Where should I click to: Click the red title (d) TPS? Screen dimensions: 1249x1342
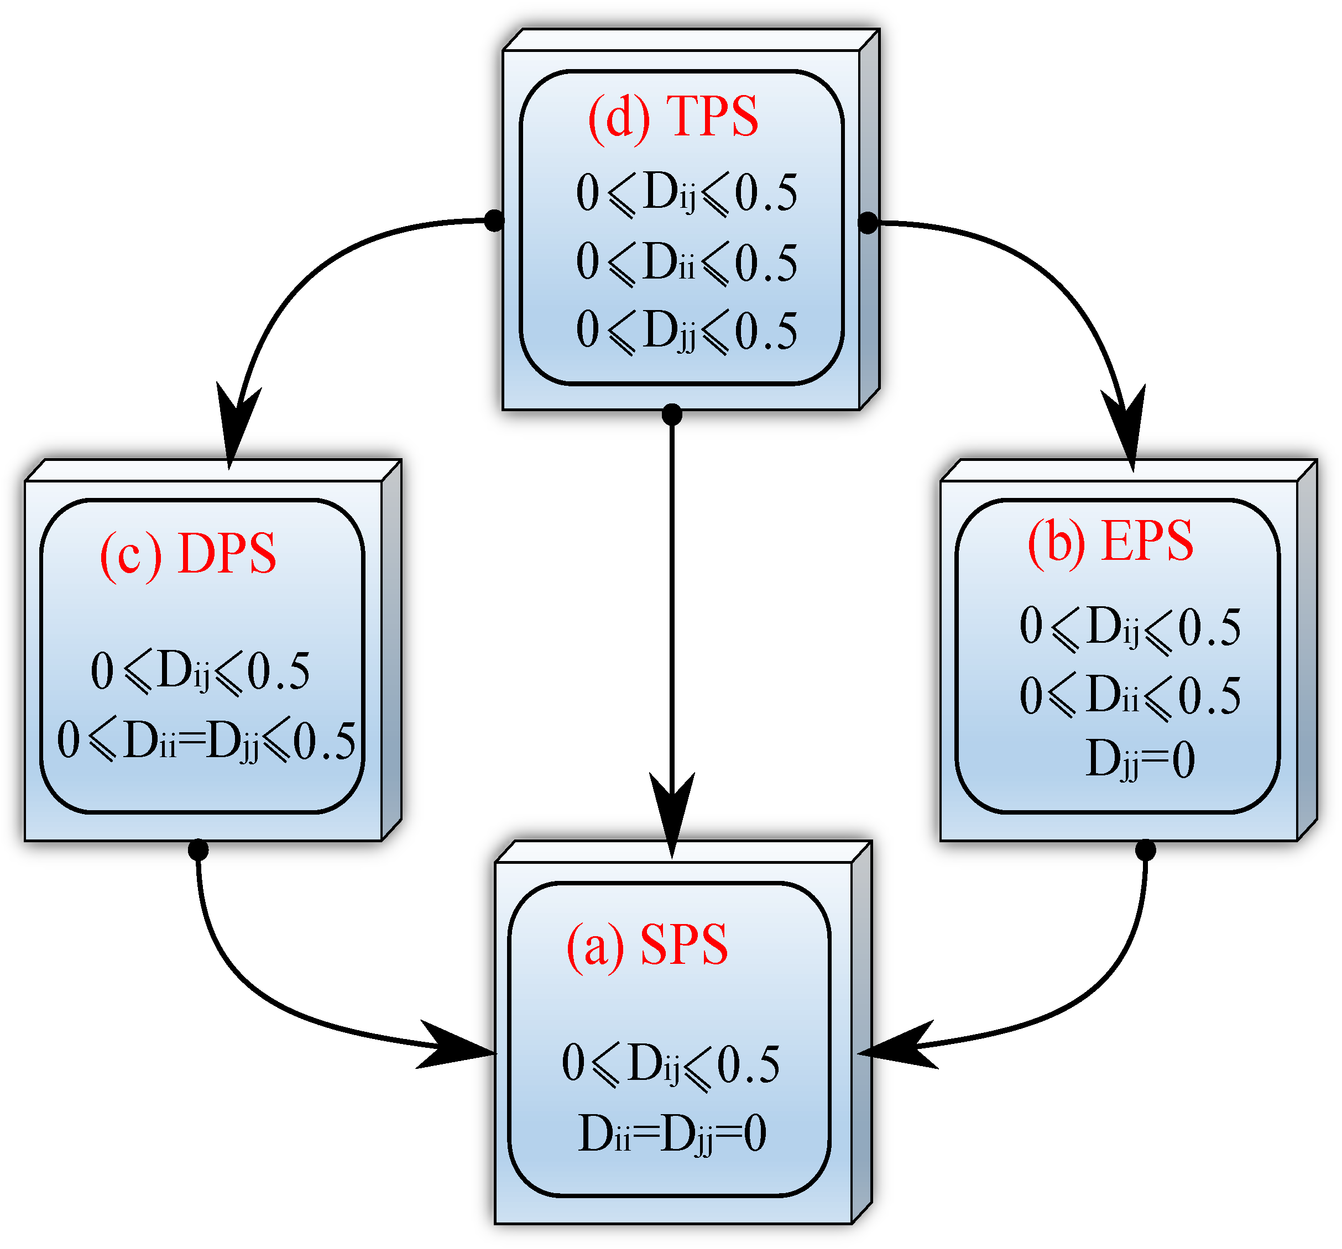pos(673,117)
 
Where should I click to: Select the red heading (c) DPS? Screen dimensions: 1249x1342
pos(187,553)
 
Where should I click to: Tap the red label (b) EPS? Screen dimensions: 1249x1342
pos(1110,541)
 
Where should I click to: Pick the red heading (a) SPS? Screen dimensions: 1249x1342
pos(647,944)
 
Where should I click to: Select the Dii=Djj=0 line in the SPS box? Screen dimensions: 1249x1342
pos(672,1133)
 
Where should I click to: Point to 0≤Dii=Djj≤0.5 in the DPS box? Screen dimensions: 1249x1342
pos(206,741)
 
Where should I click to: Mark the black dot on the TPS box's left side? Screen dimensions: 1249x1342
pos(494,221)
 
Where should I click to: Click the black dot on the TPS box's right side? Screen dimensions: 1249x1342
pos(868,222)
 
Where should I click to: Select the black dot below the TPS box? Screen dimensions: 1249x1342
pos(672,415)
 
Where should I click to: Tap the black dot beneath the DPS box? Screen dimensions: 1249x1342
pos(198,849)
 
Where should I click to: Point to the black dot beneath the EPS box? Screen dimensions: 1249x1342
pos(1146,850)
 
